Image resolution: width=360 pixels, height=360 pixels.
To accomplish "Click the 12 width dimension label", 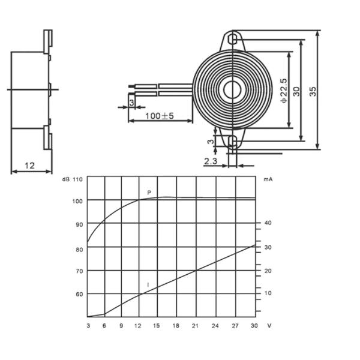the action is (x=29, y=166).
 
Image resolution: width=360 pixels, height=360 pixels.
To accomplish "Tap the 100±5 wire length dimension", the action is (x=160, y=116).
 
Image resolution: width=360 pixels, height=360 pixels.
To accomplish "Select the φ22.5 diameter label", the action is (x=284, y=91).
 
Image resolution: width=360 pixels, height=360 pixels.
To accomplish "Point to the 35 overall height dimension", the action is (x=313, y=91).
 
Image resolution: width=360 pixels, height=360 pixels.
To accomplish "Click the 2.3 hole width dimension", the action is (x=211, y=161).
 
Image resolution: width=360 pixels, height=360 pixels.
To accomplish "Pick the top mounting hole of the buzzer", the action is (x=233, y=39).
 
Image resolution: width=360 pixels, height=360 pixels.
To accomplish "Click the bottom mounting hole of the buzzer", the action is (x=233, y=141).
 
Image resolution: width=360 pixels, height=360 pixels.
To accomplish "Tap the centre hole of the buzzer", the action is (x=232, y=89).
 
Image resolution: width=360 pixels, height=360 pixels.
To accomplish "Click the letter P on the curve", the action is (x=149, y=193).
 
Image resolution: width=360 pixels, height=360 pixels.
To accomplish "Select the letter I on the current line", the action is (x=148, y=285).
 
